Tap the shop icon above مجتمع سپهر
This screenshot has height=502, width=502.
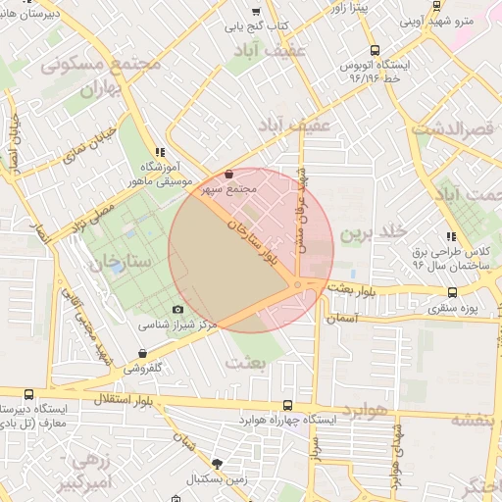(x=229, y=174)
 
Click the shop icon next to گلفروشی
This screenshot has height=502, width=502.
(x=143, y=353)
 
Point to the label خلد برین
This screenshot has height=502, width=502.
(x=372, y=234)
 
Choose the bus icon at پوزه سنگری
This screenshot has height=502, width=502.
(x=452, y=291)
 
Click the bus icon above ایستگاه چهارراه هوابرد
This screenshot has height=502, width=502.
(x=286, y=405)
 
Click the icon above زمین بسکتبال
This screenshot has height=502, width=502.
(x=217, y=464)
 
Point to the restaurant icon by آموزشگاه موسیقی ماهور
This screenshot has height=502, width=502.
(x=160, y=152)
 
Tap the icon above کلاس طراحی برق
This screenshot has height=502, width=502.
(x=450, y=236)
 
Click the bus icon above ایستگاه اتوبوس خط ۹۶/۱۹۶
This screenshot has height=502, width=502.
(x=375, y=50)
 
